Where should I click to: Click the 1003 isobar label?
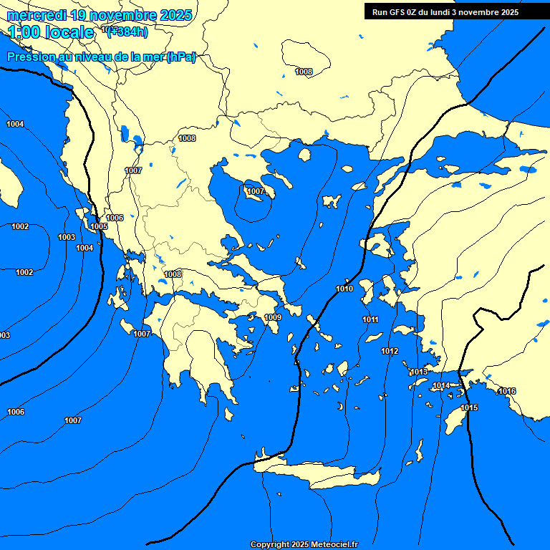tap(67, 237)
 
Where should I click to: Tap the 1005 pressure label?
tap(99, 226)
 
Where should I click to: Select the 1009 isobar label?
tap(273, 317)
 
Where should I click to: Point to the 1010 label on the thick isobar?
tap(344, 289)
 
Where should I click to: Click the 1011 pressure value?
tap(370, 319)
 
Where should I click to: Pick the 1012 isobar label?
tap(390, 351)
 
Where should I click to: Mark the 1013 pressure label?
tap(419, 372)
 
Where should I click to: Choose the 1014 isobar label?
tap(441, 385)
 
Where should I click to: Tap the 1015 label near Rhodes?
tap(469, 407)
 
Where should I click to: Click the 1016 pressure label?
tap(507, 391)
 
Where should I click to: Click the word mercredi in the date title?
tap(37, 15)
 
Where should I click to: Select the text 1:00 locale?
tap(52, 32)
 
